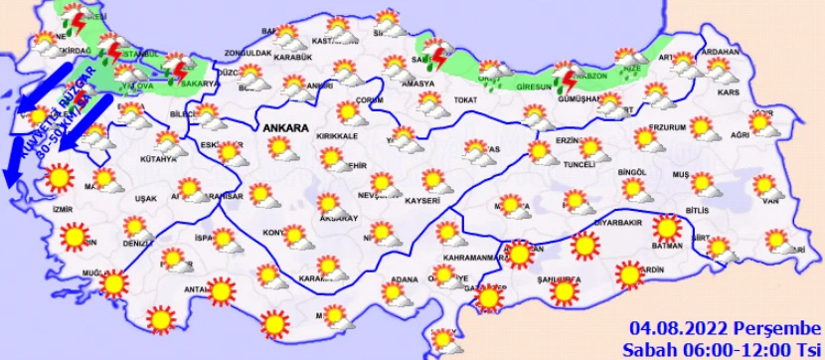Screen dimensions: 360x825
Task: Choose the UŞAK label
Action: (x=146, y=199)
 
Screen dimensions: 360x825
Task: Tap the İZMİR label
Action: (x=66, y=212)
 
